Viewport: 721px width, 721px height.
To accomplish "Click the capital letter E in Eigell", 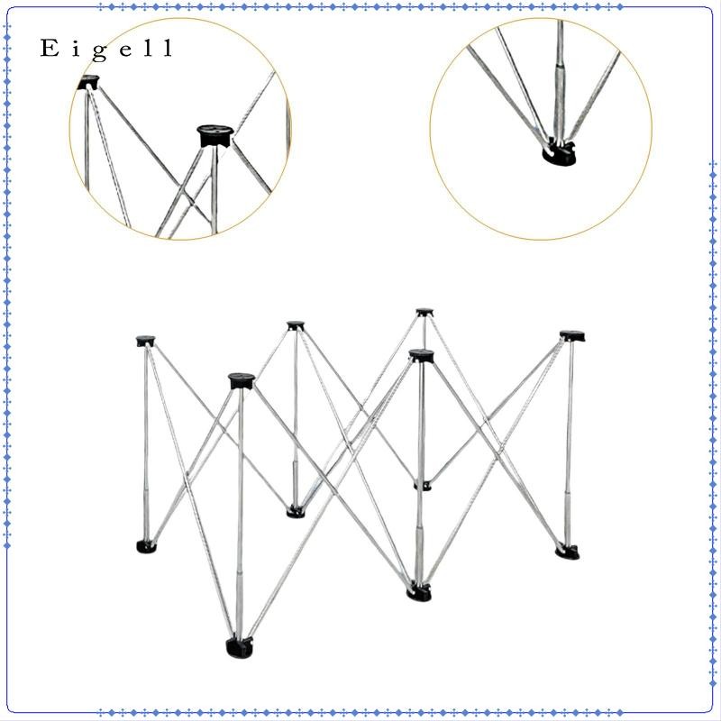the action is (50, 48).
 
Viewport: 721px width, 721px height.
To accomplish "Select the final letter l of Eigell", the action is (168, 48).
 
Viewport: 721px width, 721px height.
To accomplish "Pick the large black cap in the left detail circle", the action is (215, 136).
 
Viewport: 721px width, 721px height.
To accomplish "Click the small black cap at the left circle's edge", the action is (87, 83).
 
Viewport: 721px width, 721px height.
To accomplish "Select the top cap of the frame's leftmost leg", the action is (145, 342).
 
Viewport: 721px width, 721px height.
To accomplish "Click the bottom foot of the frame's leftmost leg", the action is (146, 546).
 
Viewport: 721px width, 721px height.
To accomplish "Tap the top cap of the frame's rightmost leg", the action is (572, 336).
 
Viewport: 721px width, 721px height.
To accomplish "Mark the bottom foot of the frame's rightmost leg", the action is (568, 552).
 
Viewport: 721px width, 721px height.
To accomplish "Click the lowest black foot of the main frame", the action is (239, 647).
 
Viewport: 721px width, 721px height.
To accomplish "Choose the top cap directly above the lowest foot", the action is (242, 380).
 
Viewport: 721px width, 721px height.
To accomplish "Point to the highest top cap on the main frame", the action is (424, 313).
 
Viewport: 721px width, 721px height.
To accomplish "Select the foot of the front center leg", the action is (419, 592).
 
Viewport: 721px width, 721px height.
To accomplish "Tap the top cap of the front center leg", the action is (422, 355).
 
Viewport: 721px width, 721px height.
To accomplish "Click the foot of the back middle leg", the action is (296, 511).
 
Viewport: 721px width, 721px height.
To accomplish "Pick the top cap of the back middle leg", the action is (296, 325).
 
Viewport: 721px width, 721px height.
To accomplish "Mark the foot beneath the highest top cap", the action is (423, 486).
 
